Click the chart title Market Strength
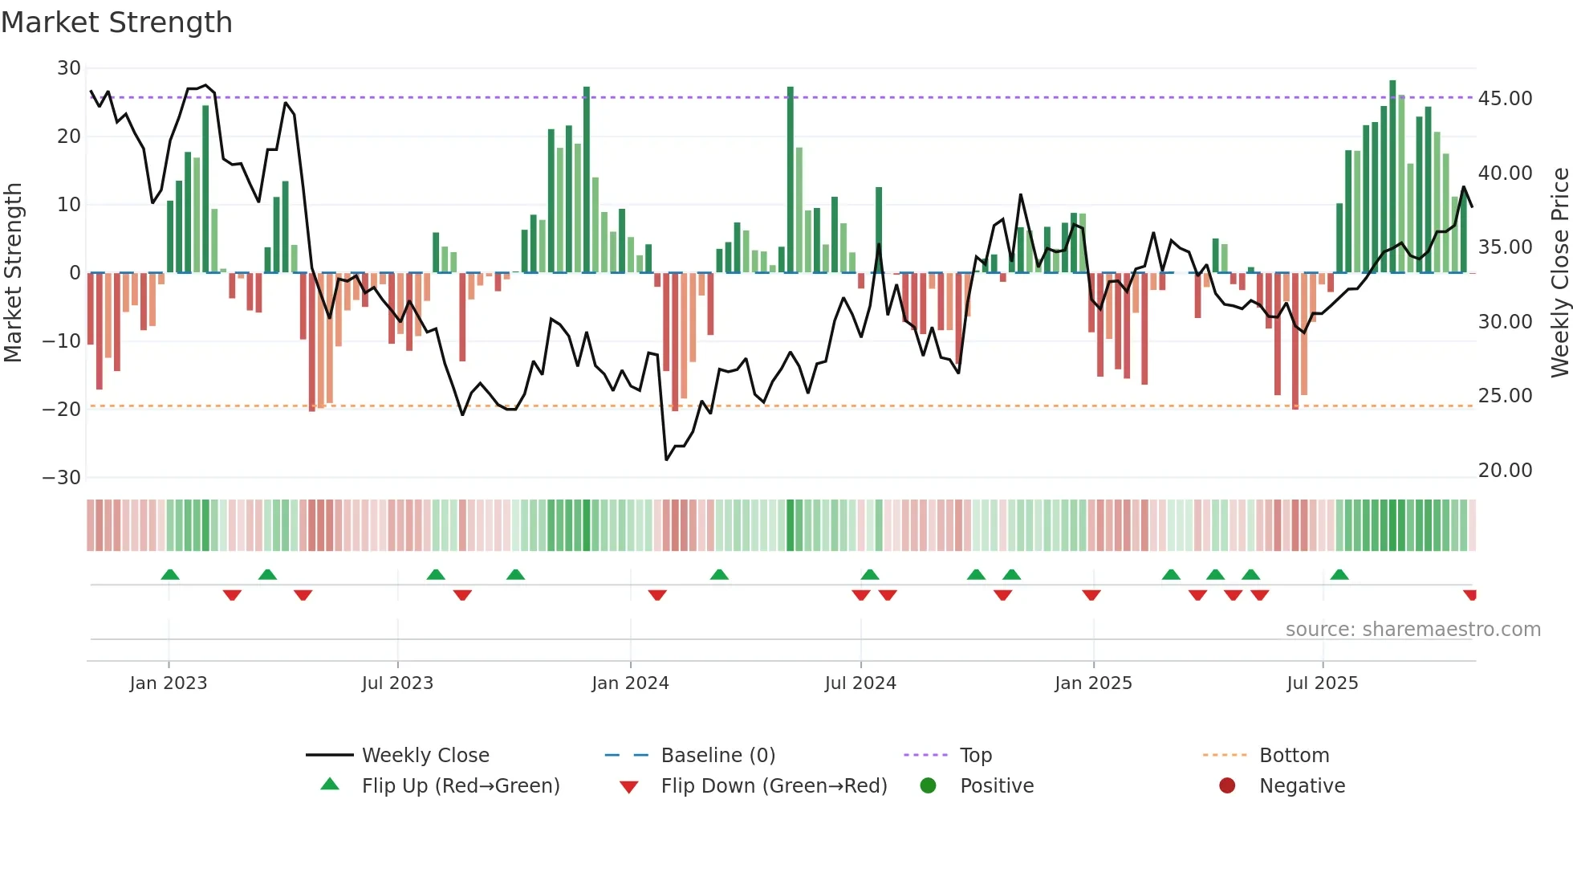tap(116, 22)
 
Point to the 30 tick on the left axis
tap(69, 68)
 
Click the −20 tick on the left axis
tap(62, 410)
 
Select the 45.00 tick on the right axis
tap(1505, 99)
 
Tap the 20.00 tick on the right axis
tap(1505, 471)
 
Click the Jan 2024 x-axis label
tap(630, 683)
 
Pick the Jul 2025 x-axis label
tap(1322, 683)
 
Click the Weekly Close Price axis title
tap(1559, 273)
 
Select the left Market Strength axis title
tap(13, 273)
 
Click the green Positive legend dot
tap(928, 785)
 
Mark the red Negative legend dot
tap(1227, 785)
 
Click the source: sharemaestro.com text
tap(1412, 630)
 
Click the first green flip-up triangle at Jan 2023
tap(170, 575)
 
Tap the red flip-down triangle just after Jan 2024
tap(657, 595)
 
